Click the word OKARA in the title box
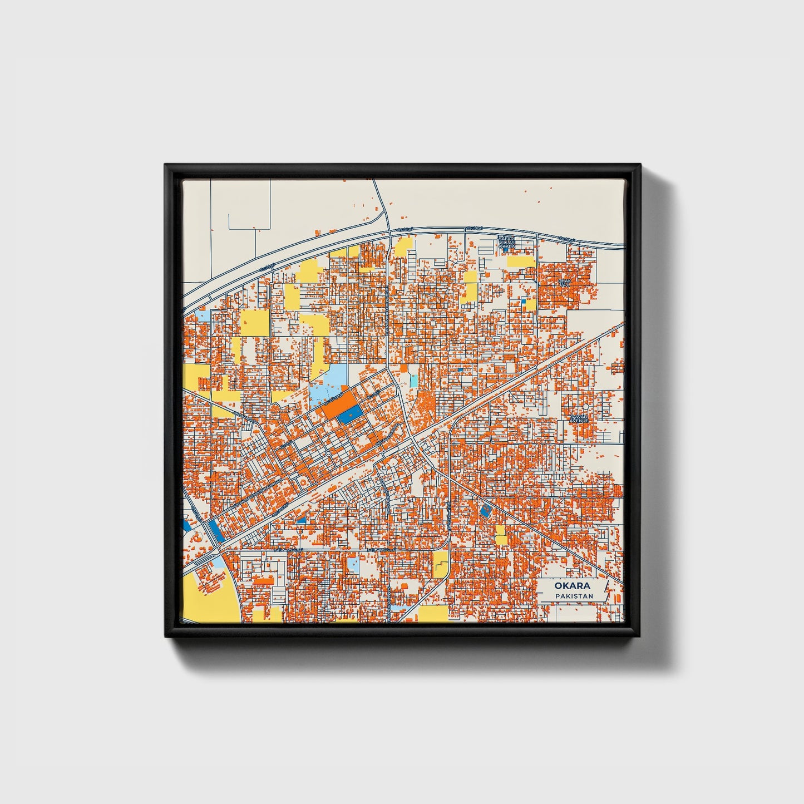(x=572, y=586)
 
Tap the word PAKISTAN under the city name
(x=573, y=596)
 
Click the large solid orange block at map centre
(x=339, y=403)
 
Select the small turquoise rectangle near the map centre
(x=414, y=381)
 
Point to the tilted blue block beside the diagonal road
(x=486, y=510)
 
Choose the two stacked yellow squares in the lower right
(x=501, y=535)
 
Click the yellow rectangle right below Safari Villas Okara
(x=521, y=261)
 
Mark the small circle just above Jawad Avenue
(x=586, y=407)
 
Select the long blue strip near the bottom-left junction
(x=214, y=531)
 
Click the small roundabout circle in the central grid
(x=329, y=453)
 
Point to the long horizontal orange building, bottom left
(x=264, y=581)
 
